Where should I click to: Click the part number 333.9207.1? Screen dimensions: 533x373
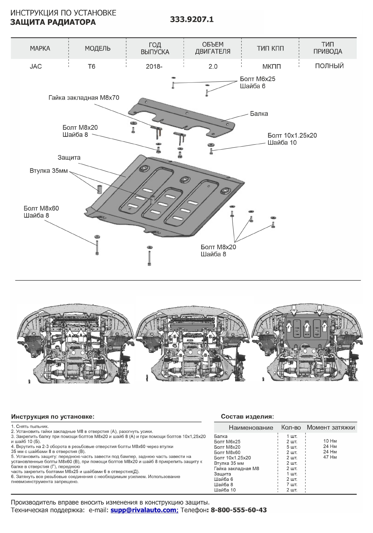coord(192,20)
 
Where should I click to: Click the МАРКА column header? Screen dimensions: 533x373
coord(40,49)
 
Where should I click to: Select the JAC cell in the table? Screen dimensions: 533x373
coord(36,66)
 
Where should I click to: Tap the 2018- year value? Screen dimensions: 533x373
coord(154,66)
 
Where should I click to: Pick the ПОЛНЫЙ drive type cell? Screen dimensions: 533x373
coord(329,66)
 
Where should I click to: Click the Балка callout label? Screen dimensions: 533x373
coord(259,114)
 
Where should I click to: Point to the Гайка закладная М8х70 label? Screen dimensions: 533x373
coord(84,98)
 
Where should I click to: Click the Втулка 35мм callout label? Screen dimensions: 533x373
coord(49,171)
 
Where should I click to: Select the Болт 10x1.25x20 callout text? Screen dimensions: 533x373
coord(292,136)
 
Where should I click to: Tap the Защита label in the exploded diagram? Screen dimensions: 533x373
coord(69,158)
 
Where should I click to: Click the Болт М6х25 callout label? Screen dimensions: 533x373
coord(258,79)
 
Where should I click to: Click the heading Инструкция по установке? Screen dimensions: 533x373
coord(53,417)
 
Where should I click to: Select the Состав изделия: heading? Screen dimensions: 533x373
coord(247,417)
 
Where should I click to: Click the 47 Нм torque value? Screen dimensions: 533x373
coord(330,457)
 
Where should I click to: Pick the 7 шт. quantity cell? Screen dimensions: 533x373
coord(292,484)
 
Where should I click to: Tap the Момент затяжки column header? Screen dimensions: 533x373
coord(331,427)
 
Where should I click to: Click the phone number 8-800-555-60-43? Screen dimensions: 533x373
coord(239,510)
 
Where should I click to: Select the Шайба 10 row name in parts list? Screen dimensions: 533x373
coord(225,490)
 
